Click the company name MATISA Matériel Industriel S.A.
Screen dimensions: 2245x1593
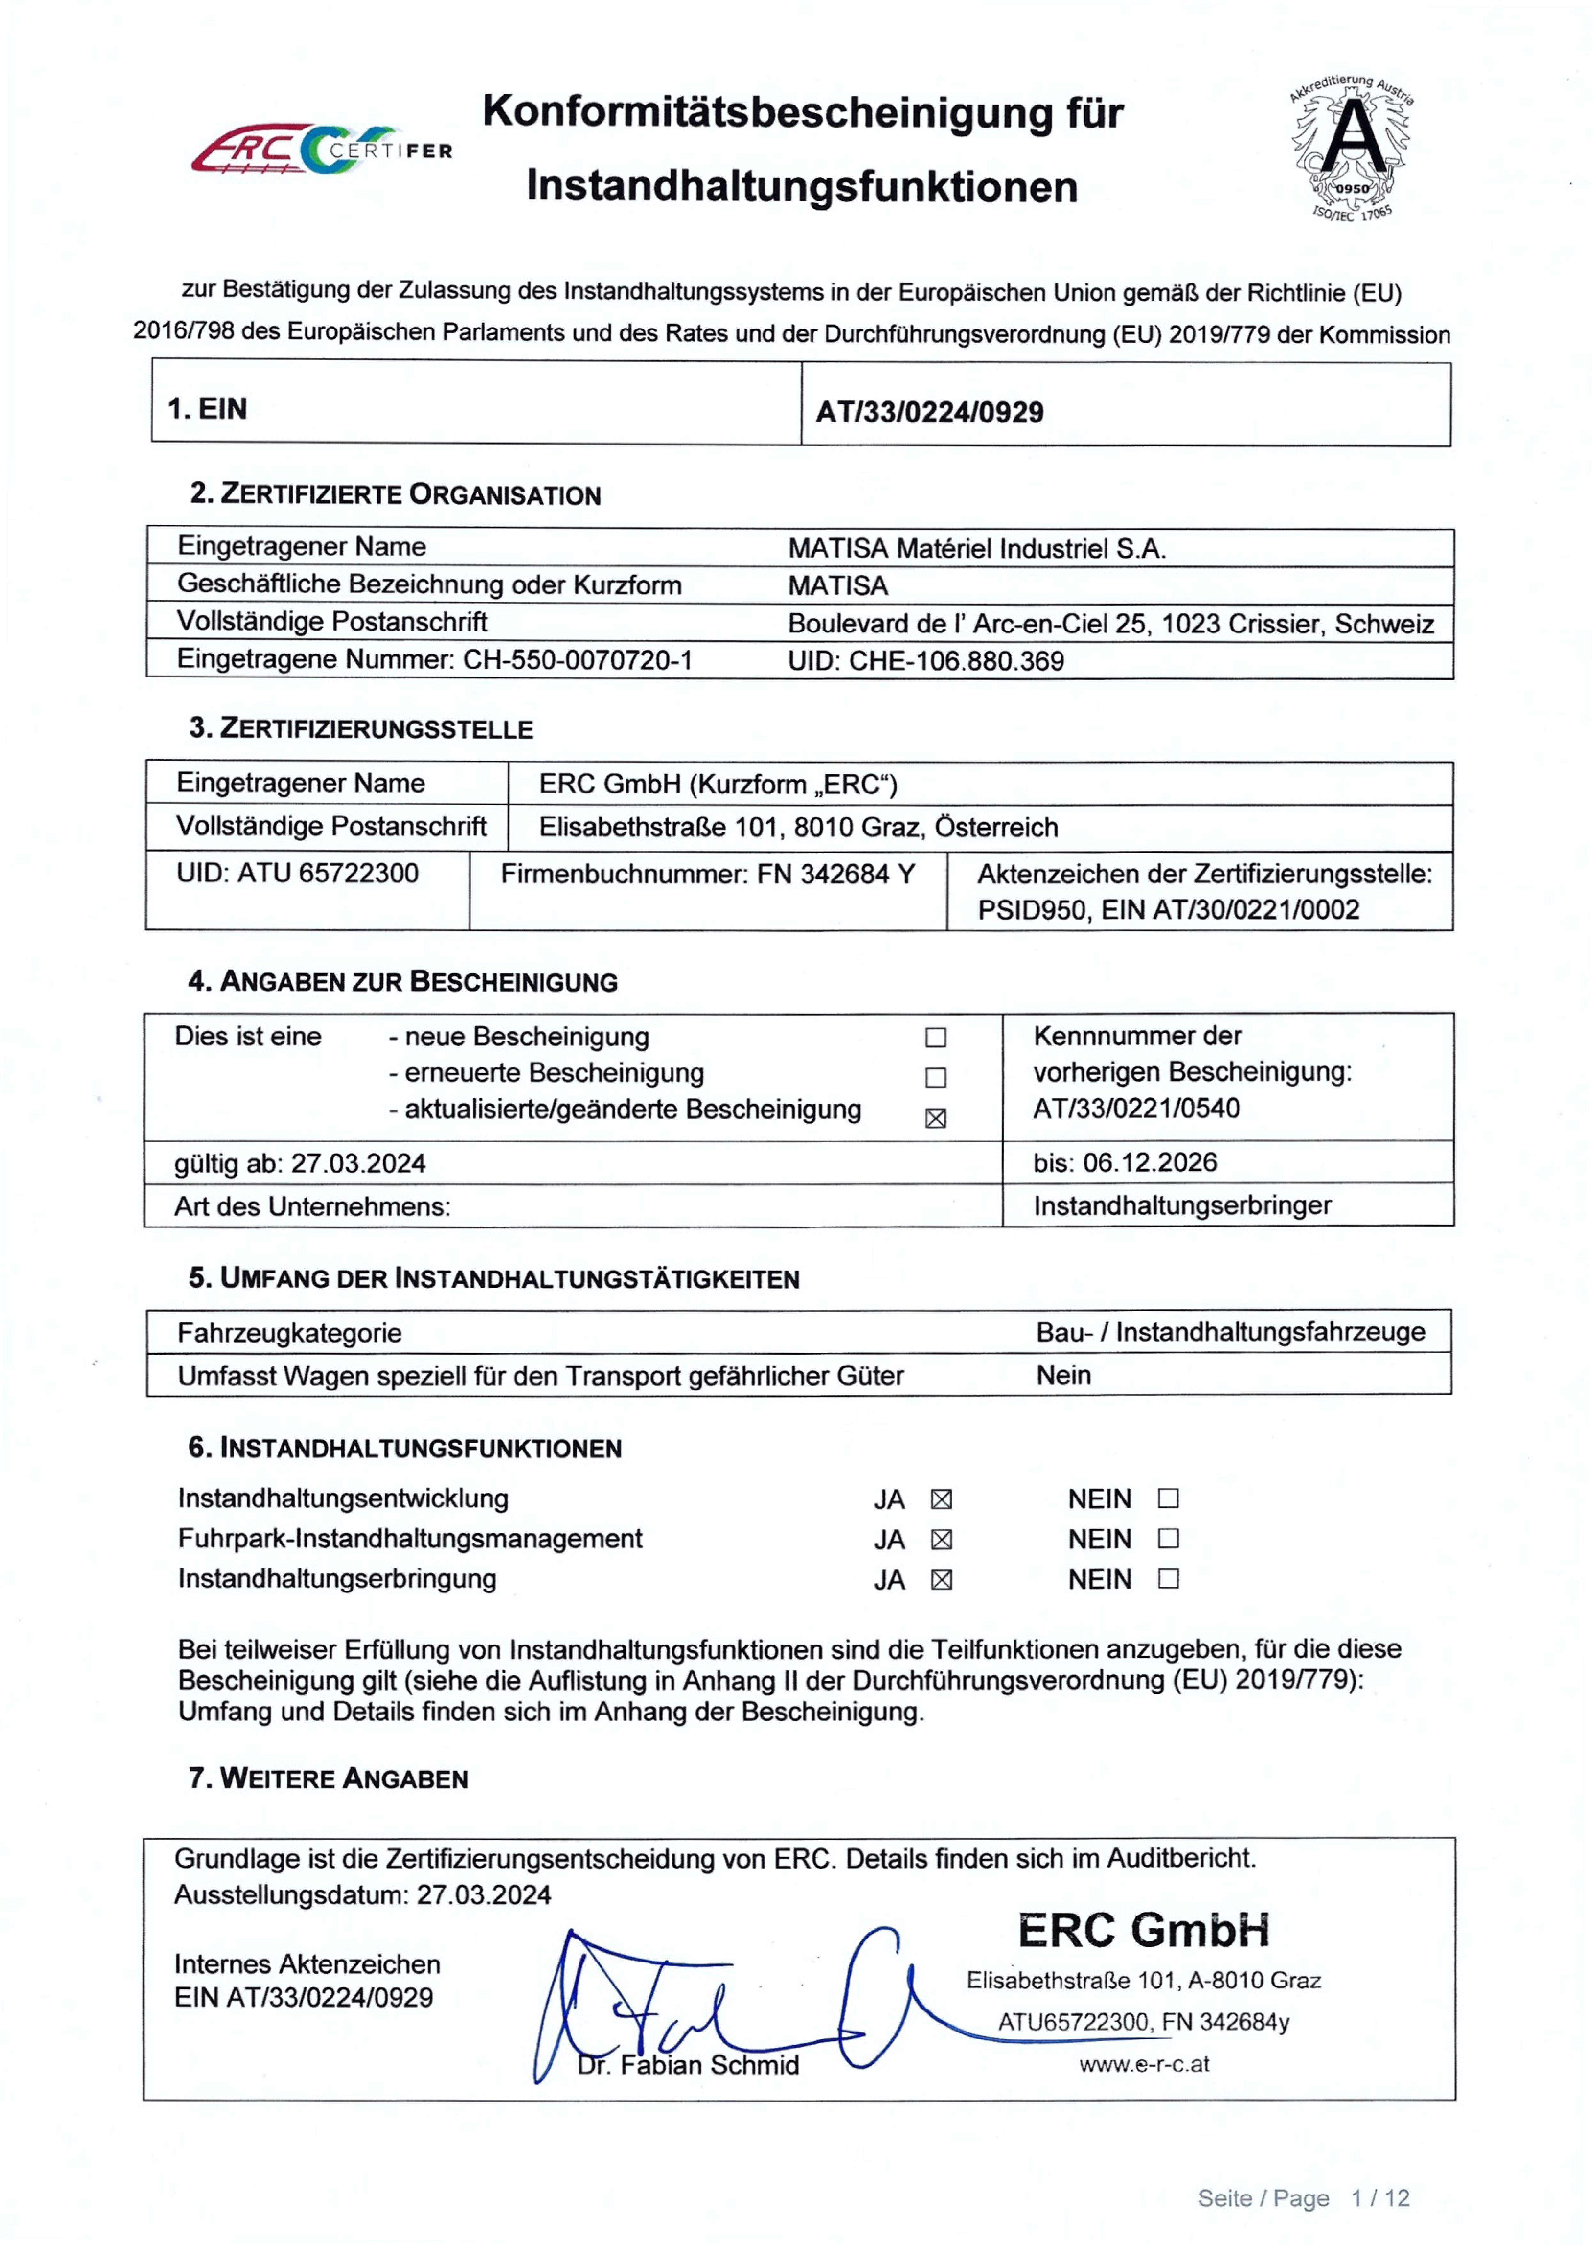(976, 548)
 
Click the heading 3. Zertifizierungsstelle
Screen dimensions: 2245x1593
(361, 729)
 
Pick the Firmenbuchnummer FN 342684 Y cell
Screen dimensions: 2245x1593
(707, 874)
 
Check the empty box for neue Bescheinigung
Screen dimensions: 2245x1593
(936, 1038)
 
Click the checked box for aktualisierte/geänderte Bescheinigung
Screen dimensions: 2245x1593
(936, 1118)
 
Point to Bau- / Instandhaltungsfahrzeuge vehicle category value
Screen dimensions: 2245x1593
(1230, 1332)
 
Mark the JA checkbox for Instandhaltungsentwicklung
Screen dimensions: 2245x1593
(942, 1500)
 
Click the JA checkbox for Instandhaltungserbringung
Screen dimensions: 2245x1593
(942, 1580)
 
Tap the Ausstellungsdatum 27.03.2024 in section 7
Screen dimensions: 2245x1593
(484, 1895)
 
